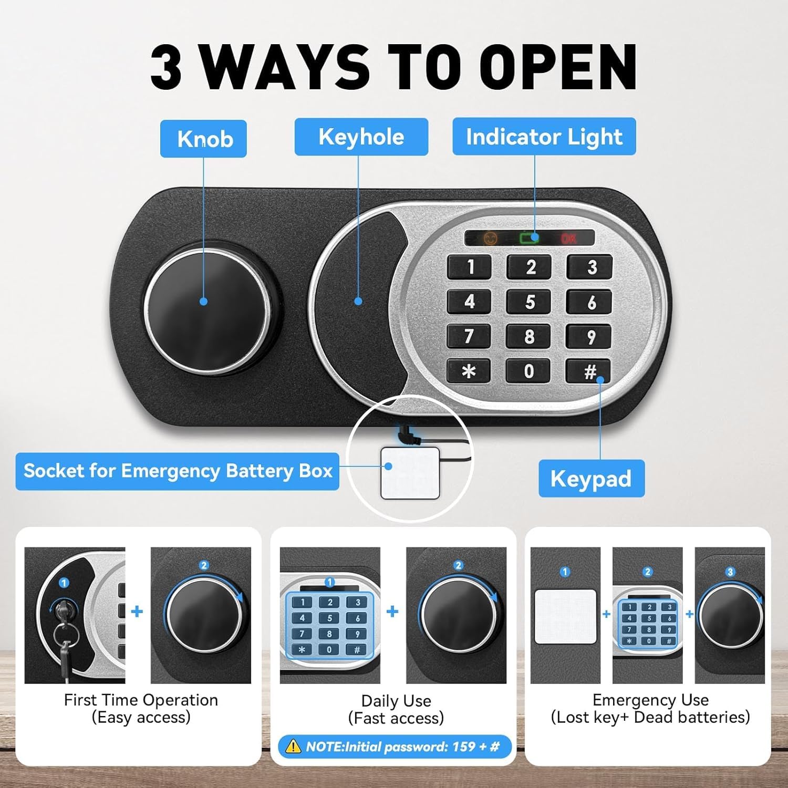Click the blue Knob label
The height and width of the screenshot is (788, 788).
[203, 139]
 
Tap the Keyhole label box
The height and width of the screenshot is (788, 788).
[361, 137]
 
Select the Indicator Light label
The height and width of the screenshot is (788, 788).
[544, 137]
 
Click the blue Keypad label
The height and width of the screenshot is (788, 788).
[592, 479]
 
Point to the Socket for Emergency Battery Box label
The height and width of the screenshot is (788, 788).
[178, 471]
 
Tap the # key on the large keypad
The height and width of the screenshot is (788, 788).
[589, 371]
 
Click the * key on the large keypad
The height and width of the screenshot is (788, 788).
[469, 371]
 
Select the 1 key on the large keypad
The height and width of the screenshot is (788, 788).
[469, 267]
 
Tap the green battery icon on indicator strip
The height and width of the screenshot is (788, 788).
[530, 238]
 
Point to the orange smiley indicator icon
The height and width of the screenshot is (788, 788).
[490, 238]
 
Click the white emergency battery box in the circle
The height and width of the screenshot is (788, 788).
[410, 473]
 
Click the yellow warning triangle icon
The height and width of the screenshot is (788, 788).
[292, 746]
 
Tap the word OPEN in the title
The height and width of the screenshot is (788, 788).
[558, 67]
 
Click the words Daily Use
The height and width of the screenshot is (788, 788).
[396, 701]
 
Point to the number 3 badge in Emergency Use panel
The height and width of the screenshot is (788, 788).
[730, 572]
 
